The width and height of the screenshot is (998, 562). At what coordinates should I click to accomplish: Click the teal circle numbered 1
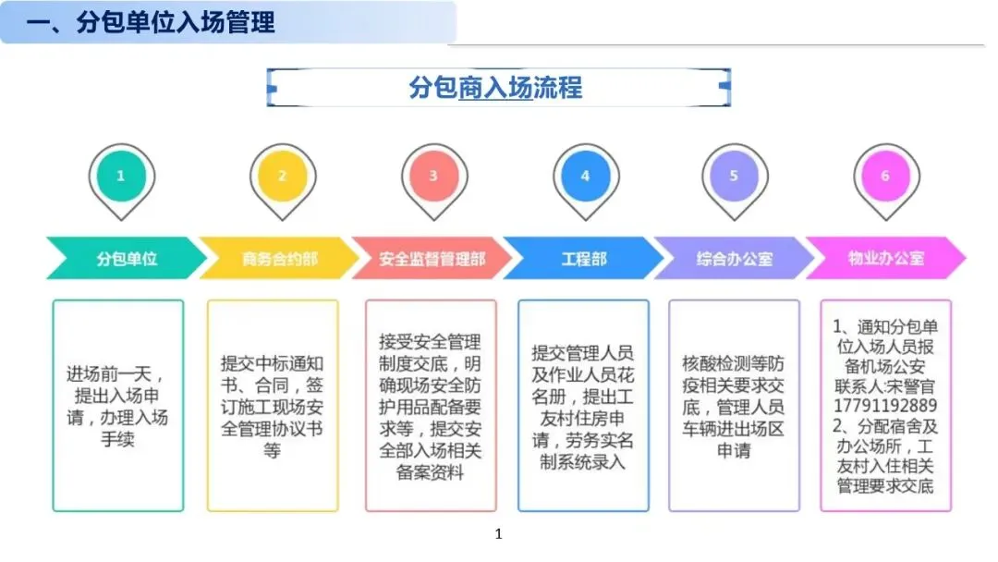click(x=120, y=176)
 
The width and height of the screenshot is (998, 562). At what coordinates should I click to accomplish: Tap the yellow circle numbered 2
click(x=282, y=176)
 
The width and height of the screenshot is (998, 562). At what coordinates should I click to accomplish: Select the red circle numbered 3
click(x=432, y=176)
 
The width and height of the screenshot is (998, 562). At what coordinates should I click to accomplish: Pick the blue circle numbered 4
click(x=584, y=176)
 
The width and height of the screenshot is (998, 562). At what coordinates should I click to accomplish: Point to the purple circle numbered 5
click(x=734, y=176)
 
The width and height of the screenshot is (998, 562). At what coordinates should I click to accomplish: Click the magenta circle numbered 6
click(x=884, y=176)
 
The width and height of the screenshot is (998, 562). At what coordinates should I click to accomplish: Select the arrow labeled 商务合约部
click(x=278, y=259)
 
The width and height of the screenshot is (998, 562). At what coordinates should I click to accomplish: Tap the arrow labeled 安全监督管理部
click(x=431, y=259)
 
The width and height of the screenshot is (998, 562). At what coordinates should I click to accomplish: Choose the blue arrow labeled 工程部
click(x=583, y=259)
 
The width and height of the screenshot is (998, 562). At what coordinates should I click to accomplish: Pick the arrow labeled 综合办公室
click(x=734, y=259)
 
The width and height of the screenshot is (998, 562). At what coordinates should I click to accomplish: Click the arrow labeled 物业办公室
click(x=885, y=259)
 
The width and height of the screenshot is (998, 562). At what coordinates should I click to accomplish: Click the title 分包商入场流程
click(x=496, y=87)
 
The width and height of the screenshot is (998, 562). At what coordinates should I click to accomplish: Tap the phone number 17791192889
click(x=885, y=406)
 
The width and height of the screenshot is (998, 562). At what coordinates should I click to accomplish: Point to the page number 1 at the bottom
click(x=498, y=534)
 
